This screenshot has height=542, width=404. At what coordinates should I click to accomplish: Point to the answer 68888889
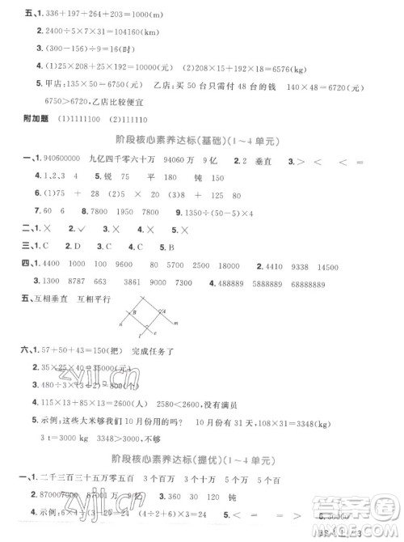pyautogui.click(x=327, y=283)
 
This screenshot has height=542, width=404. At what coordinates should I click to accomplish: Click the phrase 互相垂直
pyautogui.click(x=48, y=302)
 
